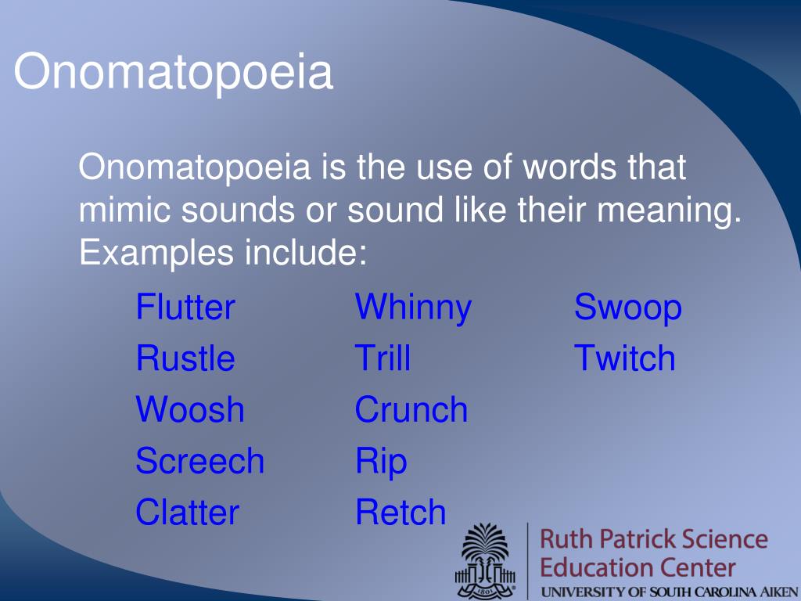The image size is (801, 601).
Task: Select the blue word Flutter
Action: (185, 307)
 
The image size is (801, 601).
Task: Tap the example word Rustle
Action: (185, 358)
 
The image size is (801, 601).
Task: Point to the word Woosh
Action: (190, 409)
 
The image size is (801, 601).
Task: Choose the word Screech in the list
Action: (199, 460)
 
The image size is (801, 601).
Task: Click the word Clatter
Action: (188, 512)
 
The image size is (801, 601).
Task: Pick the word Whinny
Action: (413, 309)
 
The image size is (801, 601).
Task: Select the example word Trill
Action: (383, 358)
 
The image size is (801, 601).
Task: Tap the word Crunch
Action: (411, 409)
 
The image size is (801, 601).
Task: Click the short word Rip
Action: (381, 462)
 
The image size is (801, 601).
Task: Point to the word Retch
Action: (401, 512)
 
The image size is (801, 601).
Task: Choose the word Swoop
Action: (628, 309)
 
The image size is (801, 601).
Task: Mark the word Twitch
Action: (625, 358)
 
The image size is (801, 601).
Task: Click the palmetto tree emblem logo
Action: (485, 560)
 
